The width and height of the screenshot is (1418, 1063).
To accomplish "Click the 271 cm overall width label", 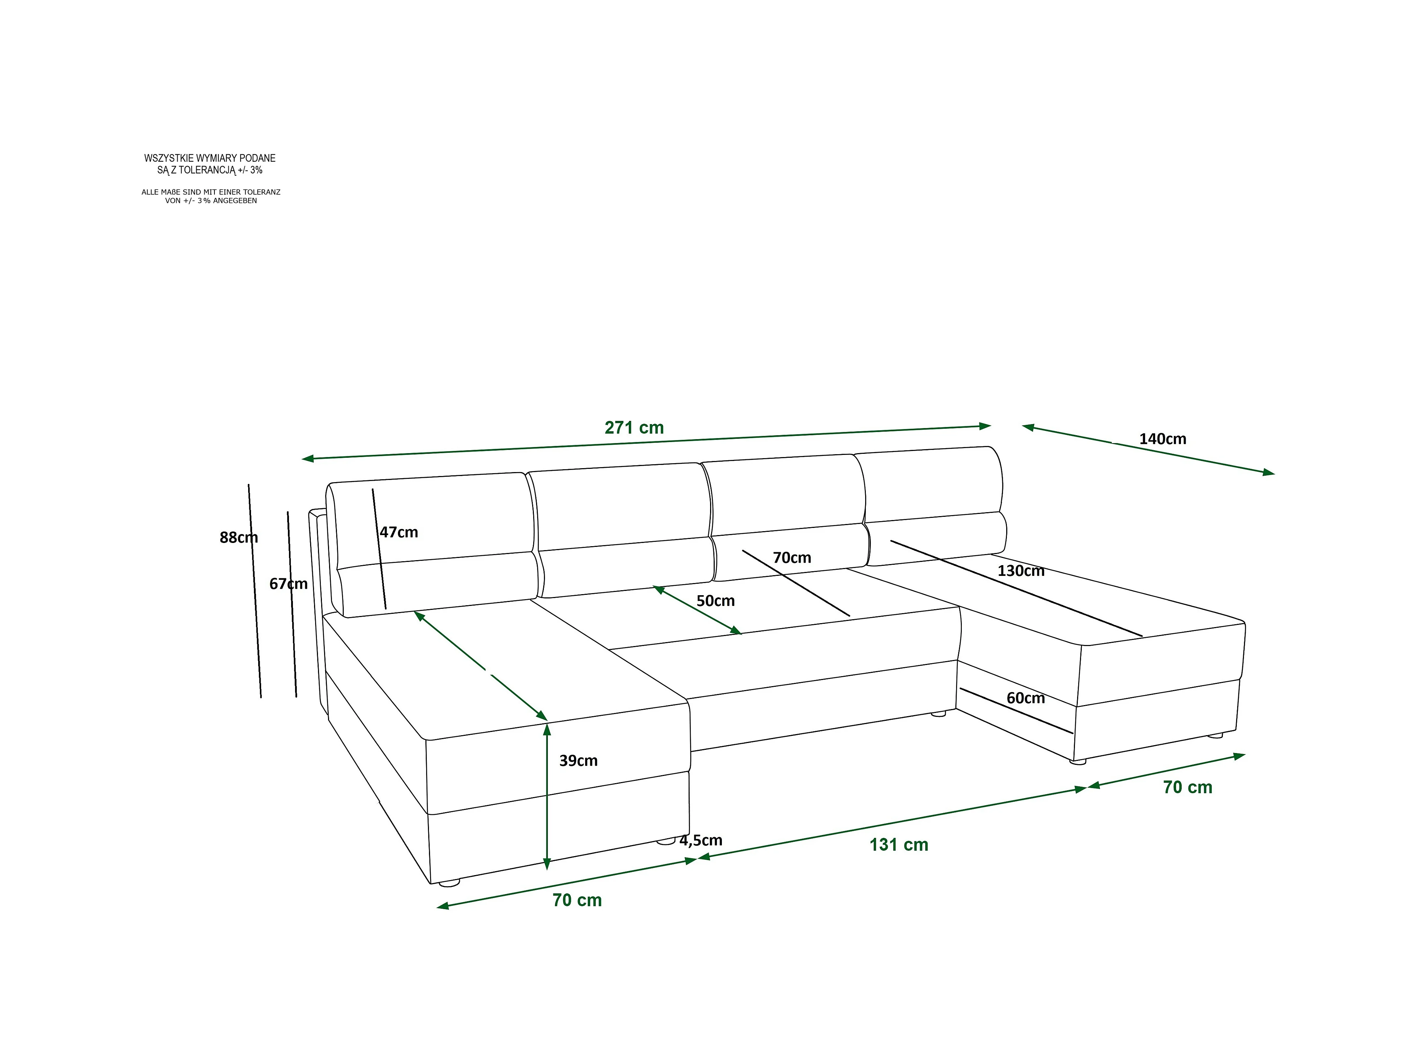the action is pyautogui.click(x=634, y=428).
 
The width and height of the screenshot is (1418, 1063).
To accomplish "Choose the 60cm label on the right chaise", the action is pyautogui.click(x=1026, y=698).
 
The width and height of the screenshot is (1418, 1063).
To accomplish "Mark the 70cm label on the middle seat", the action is pyautogui.click(x=792, y=558).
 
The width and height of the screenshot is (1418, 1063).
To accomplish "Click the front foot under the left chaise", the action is pyautogui.click(x=449, y=883).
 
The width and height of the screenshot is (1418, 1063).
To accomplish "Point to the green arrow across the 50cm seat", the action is pyautogui.click(x=697, y=610).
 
